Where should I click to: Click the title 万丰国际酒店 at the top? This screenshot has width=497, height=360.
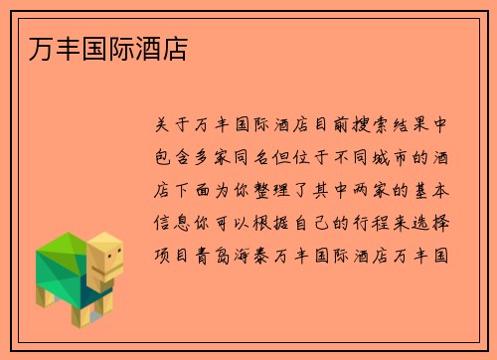[97, 47]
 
